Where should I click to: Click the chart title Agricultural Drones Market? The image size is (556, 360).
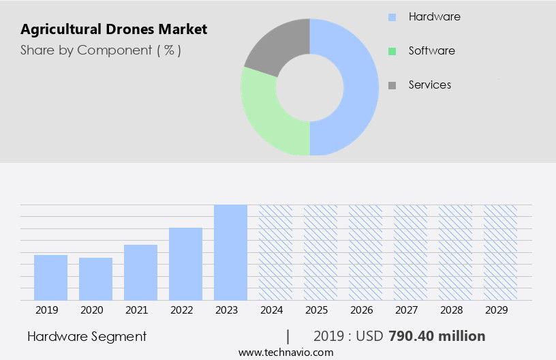click(114, 29)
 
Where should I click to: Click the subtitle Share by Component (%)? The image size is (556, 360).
click(101, 50)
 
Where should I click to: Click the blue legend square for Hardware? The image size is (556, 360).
click(392, 17)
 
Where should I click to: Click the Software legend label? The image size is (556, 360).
click(431, 50)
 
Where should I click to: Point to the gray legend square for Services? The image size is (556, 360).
click(392, 85)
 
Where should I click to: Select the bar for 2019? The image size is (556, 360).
click(50, 277)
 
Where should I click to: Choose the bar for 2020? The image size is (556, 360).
click(95, 279)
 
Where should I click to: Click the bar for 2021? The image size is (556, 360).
click(140, 272)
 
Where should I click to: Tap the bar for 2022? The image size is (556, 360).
click(185, 264)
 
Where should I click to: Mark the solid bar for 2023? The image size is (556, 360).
click(230, 252)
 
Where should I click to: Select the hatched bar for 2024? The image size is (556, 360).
click(275, 252)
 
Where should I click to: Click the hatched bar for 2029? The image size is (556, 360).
click(500, 252)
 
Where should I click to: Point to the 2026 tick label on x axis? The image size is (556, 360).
click(361, 310)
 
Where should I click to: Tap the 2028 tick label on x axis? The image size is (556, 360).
click(451, 310)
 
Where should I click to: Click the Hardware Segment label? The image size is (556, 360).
click(87, 336)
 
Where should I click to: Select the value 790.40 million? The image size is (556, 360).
click(436, 336)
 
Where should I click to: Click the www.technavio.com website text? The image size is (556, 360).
click(285, 352)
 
